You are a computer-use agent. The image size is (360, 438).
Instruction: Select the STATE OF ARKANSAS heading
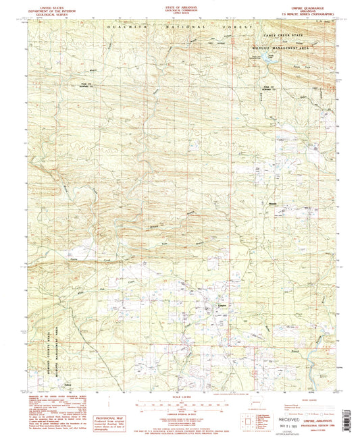pyautogui.click(x=179, y=7)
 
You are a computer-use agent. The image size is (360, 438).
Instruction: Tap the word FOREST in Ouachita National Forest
pyautogui.click(x=239, y=28)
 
